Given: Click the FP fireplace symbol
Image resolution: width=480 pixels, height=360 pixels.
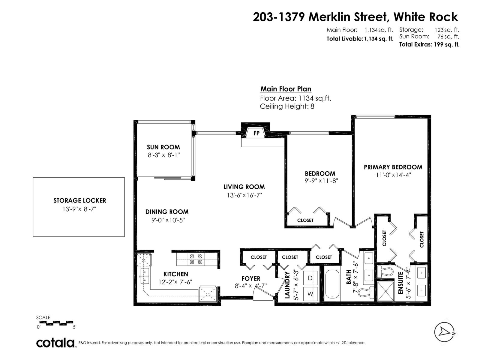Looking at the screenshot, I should click(x=256, y=133).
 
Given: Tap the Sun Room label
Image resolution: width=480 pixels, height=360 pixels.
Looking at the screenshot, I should click(x=163, y=147).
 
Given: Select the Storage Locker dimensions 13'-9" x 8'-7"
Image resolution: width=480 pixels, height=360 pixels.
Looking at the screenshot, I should click(x=79, y=209).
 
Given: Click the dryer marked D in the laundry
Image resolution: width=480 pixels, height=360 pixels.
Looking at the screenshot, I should click(x=310, y=278).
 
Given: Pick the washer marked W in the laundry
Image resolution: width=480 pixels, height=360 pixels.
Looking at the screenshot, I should click(x=310, y=294).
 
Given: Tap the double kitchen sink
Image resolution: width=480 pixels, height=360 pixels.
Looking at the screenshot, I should click(x=145, y=276).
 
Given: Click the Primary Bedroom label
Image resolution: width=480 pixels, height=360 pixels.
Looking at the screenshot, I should click(x=393, y=167).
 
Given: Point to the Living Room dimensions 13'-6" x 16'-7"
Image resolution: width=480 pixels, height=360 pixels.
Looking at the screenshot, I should click(x=244, y=195).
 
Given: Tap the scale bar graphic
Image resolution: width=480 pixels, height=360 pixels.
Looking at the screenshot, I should click(x=56, y=323).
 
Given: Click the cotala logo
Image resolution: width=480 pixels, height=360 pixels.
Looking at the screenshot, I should click(x=56, y=343).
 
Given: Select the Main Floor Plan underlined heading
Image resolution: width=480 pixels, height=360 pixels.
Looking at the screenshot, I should click(x=286, y=89).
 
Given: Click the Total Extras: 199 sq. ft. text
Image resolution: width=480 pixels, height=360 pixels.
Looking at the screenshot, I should click(x=429, y=45).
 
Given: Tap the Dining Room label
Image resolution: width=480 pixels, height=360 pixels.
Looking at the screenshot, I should click(x=167, y=212).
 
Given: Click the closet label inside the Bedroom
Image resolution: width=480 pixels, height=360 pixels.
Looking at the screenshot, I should click(x=305, y=220).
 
